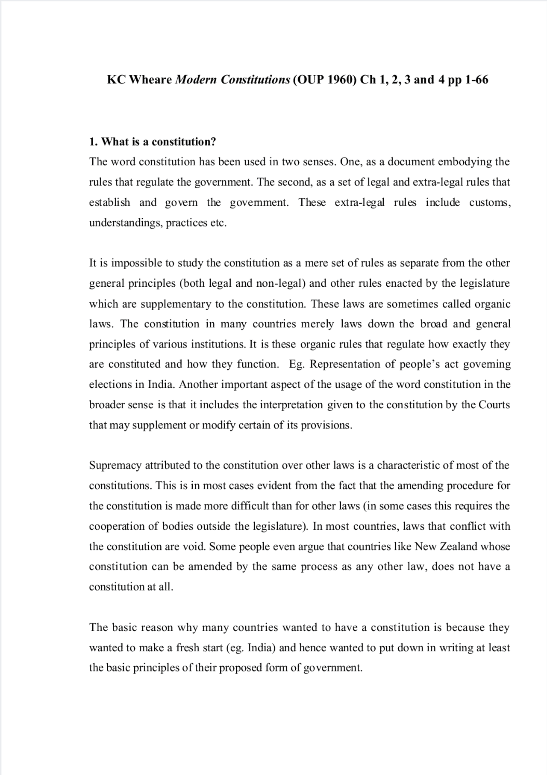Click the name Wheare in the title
(151, 80)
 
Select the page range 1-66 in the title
(476, 80)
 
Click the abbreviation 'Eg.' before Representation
(296, 364)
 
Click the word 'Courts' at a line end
(494, 405)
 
